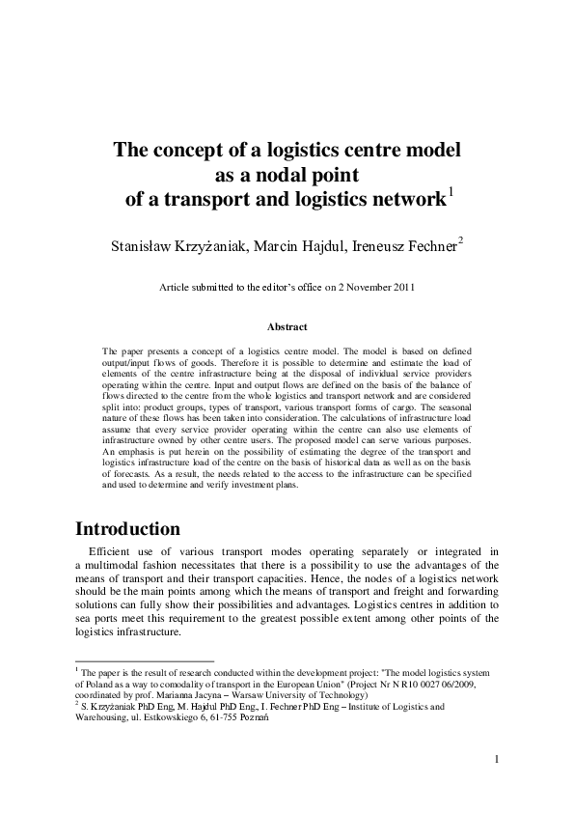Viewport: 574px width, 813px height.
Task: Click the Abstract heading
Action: pyautogui.click(x=287, y=327)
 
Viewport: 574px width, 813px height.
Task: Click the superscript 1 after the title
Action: pyautogui.click(x=451, y=193)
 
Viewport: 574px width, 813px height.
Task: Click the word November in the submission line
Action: pyautogui.click(x=355, y=287)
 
